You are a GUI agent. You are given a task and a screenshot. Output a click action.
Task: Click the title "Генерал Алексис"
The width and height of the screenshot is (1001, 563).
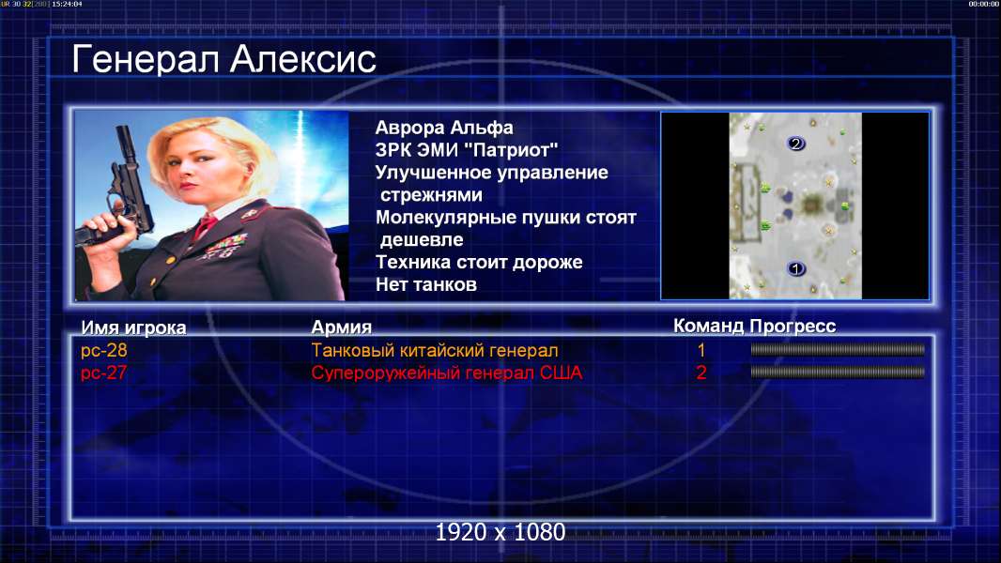[223, 59]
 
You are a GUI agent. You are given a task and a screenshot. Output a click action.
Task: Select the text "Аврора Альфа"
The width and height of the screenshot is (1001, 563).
[444, 128]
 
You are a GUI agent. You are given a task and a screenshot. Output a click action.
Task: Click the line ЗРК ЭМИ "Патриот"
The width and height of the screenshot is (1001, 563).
[467, 150]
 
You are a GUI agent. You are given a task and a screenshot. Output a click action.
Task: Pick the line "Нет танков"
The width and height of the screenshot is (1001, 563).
[426, 284]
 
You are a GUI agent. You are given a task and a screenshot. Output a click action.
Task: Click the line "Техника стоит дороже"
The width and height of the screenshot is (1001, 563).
[479, 262]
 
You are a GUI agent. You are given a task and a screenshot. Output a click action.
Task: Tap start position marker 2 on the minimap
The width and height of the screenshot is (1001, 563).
[795, 144]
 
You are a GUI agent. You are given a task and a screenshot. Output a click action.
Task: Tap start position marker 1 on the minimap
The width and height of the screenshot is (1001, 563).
[795, 269]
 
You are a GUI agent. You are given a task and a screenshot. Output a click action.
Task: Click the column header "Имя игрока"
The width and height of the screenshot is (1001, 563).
[133, 327]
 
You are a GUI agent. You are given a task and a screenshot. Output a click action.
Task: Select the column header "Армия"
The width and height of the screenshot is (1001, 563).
[342, 327]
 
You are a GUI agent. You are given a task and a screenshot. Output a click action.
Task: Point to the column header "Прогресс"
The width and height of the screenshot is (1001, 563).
[793, 326]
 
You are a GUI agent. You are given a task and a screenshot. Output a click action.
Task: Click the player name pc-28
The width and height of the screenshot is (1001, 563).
[104, 350]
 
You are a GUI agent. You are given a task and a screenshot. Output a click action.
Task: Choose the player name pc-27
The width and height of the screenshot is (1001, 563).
[104, 373]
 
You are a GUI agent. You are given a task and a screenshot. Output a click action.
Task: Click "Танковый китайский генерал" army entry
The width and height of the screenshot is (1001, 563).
[435, 350]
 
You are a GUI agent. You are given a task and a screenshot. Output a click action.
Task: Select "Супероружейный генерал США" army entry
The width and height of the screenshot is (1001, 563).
[447, 373]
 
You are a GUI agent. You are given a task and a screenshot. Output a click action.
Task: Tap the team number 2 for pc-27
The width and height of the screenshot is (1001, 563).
[701, 373]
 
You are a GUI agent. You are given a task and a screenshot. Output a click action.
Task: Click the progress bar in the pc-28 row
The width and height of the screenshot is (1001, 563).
[838, 349]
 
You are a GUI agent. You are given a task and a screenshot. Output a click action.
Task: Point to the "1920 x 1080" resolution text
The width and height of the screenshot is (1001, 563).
[500, 532]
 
